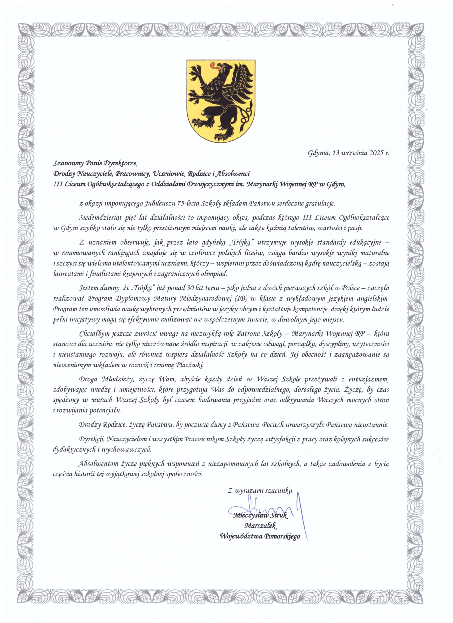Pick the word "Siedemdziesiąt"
[x=99, y=217]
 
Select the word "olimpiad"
[x=216, y=273]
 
